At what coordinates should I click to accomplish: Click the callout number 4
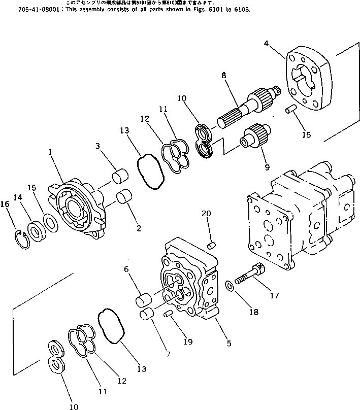266,44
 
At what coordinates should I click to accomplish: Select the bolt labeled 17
252,273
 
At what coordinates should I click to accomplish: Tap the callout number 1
50,152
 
